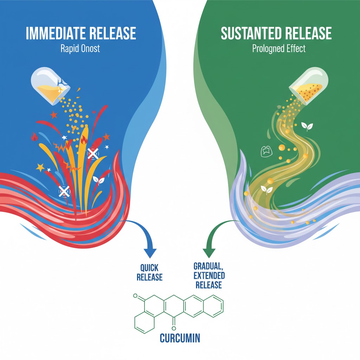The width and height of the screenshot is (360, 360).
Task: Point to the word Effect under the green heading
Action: pos(295,48)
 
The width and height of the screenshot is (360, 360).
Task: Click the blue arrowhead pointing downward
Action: pos(150,252)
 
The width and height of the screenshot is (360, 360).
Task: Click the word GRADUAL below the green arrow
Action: pos(210,265)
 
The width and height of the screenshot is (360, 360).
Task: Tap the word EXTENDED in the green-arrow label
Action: pos(210,275)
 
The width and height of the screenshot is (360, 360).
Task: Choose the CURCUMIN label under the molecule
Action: pos(180,338)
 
